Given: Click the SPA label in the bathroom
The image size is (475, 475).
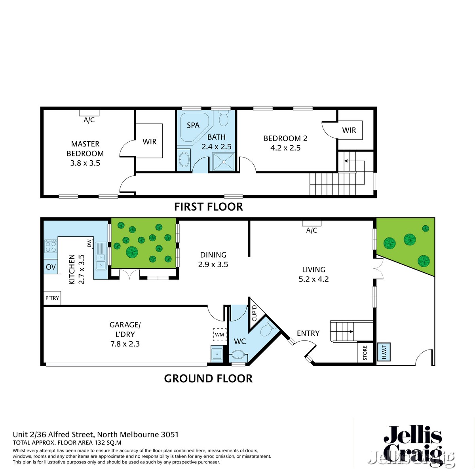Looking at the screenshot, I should click(x=193, y=125).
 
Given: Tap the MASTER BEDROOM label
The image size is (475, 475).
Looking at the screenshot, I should click(x=85, y=149).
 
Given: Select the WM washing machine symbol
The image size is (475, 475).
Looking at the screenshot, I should click(x=219, y=334).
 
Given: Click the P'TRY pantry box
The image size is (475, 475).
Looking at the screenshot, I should click(x=52, y=298).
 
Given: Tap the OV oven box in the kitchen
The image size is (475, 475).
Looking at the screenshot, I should click(x=51, y=267).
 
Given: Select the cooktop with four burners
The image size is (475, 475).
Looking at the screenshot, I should click(x=51, y=247).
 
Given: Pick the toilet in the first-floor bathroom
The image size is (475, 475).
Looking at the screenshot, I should click(x=224, y=118).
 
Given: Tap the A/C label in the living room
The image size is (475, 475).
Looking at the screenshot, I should click(x=312, y=230).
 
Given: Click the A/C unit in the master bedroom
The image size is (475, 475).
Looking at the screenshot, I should click(x=89, y=113).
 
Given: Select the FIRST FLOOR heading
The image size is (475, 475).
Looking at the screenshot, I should click(x=209, y=207).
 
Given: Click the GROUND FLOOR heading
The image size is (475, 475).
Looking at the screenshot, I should click(x=208, y=378).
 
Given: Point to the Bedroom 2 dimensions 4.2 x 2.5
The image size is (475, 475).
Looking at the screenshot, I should click(x=285, y=148).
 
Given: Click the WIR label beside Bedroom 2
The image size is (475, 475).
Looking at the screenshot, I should click(x=349, y=130).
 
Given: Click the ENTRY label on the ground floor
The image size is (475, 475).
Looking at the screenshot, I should click(x=308, y=333).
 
